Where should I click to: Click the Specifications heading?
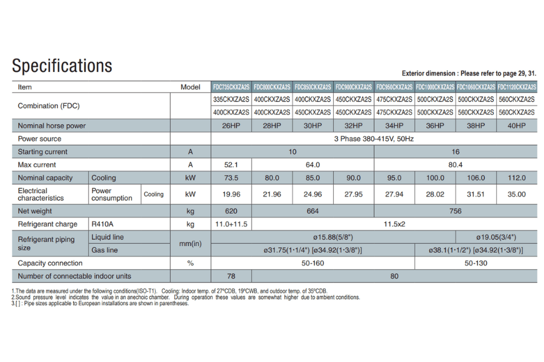62,65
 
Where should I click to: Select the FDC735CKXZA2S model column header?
231,87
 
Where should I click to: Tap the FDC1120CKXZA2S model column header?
516,87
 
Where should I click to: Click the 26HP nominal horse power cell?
231,125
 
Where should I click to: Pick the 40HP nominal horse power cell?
516,125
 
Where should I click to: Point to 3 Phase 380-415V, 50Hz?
374,139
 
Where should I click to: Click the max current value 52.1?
231,165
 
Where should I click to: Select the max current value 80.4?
455,165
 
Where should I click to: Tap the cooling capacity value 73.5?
231,178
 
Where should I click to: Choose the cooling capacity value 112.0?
516,178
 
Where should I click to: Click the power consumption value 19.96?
231,194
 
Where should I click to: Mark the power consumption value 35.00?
516,194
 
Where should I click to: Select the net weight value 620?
231,211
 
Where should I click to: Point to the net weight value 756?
455,211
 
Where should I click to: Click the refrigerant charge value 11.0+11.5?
231,224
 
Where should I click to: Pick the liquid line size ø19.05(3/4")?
496,237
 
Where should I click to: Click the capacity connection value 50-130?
475,263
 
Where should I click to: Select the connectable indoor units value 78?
231,276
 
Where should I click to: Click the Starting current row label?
43,151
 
